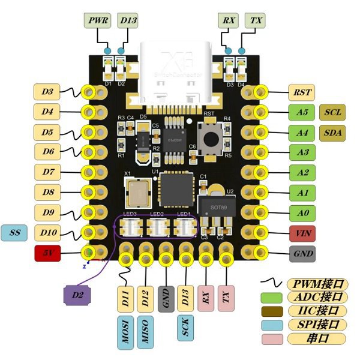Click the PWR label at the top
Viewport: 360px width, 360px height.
99,20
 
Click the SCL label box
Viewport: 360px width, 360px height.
334,112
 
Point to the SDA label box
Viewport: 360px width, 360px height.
334,132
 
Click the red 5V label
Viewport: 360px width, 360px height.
47,253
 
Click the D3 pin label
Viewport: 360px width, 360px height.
47,92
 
